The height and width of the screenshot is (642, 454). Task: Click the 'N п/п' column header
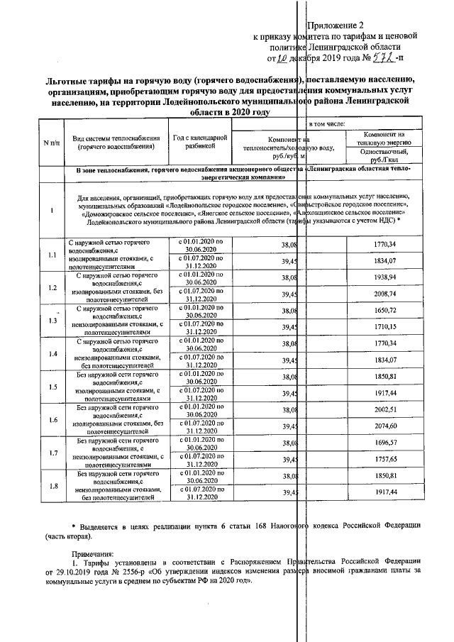tap(51, 143)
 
